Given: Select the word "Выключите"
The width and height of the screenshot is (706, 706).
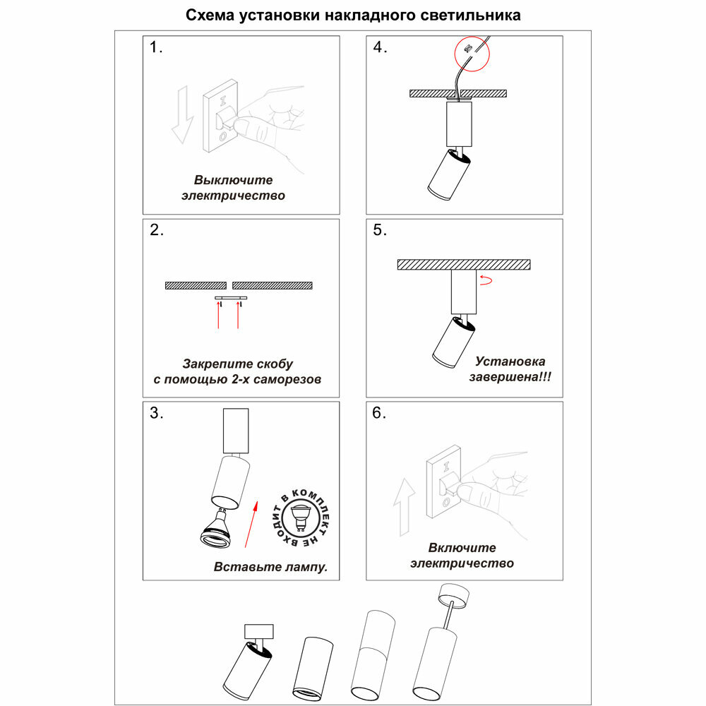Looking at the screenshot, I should click(234, 180).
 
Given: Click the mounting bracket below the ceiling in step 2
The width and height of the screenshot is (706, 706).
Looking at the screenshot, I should click(231, 299).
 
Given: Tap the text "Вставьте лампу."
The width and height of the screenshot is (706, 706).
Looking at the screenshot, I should click(271, 567).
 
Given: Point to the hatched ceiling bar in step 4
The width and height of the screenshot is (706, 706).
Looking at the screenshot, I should click(459, 93).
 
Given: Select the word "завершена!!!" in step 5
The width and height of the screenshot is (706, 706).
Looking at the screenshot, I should click(510, 377).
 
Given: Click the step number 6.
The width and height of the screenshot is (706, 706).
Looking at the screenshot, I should click(379, 413).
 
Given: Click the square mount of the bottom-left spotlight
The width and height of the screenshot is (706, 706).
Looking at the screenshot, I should click(259, 631).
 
